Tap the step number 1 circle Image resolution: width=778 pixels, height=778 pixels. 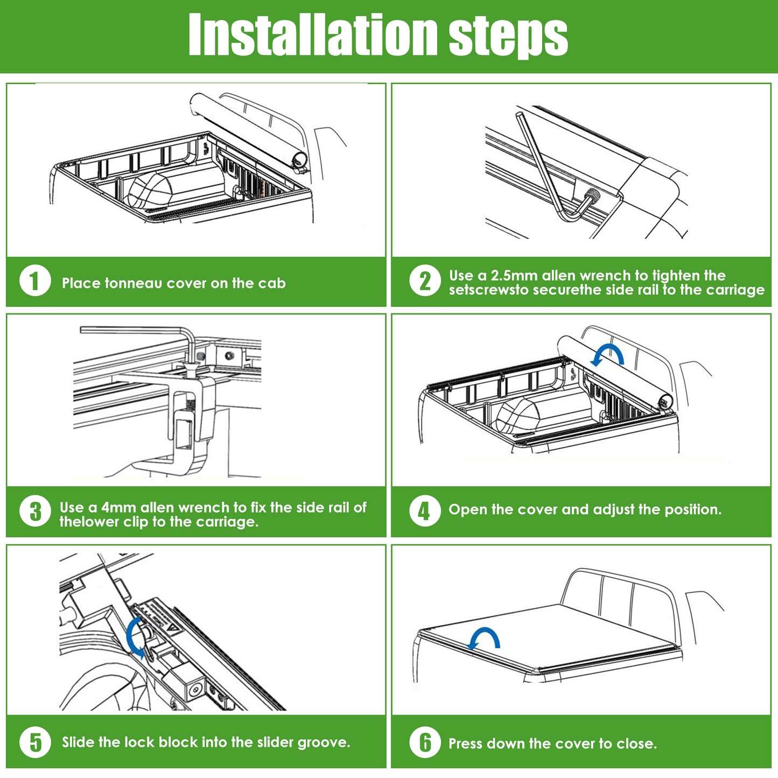[35, 281]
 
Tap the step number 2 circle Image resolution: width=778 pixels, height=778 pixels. [425, 281]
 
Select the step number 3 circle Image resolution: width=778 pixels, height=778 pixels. [35, 511]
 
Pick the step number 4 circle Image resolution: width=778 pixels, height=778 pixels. [425, 511]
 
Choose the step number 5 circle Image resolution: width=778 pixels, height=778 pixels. [35, 742]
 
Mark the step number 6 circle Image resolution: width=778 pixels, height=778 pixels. [425, 742]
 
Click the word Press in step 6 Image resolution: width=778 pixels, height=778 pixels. [466, 744]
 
